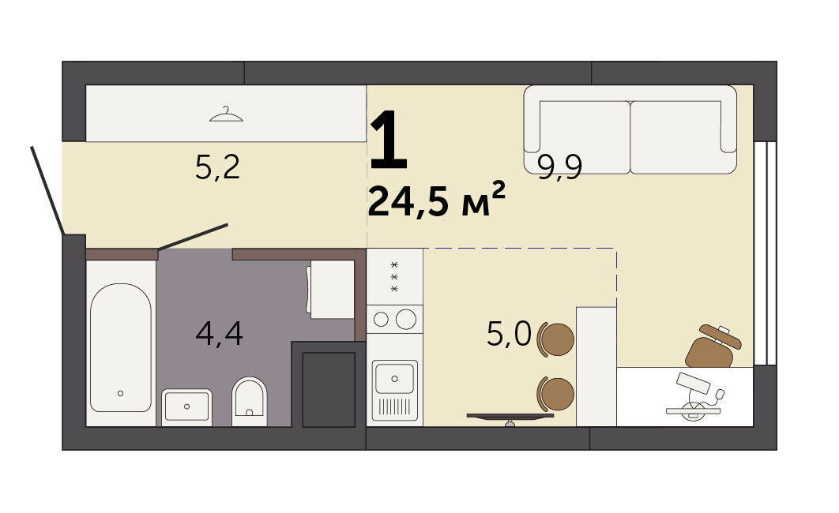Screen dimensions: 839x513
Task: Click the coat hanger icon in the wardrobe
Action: tap(226, 114)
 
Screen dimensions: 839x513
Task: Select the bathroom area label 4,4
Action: tap(220, 333)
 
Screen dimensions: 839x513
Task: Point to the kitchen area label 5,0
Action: tap(509, 334)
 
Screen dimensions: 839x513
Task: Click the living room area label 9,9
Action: tap(559, 167)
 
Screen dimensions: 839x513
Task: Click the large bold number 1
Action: tap(389, 139)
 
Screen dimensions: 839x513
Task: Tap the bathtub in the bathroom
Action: tap(121, 347)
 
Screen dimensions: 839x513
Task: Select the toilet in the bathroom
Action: tap(250, 401)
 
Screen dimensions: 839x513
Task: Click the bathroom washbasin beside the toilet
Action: tap(186, 407)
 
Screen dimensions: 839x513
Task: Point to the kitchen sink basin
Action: tap(394, 378)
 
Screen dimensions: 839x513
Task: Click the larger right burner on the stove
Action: tap(406, 320)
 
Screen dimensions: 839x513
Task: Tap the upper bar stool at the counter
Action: tap(556, 340)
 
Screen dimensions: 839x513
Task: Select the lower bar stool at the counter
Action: tap(556, 394)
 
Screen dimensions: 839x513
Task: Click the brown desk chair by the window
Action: tap(713, 346)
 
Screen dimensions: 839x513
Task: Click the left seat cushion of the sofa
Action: tap(585, 137)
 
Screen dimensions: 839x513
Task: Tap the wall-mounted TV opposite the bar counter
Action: tap(510, 417)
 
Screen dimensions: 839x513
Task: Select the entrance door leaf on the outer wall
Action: tap(47, 190)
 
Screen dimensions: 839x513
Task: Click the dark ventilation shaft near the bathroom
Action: tap(329, 389)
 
